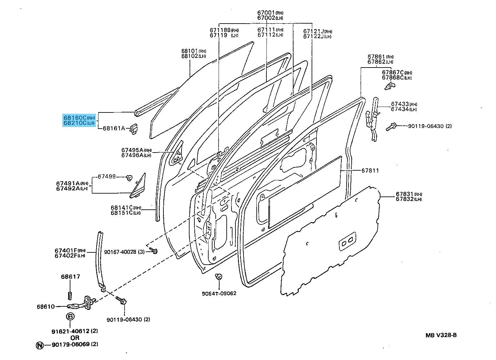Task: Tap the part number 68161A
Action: tap(114, 128)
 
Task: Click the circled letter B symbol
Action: tap(70, 316)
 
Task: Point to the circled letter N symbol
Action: tap(39, 345)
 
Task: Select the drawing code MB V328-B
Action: tap(441, 335)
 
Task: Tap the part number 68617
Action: tap(70, 277)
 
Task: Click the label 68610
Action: tap(46, 306)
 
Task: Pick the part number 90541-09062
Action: tap(219, 293)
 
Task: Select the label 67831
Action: tap(405, 194)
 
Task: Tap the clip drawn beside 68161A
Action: tap(134, 128)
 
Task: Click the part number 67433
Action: tap(399, 104)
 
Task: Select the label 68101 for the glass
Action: tap(190, 51)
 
